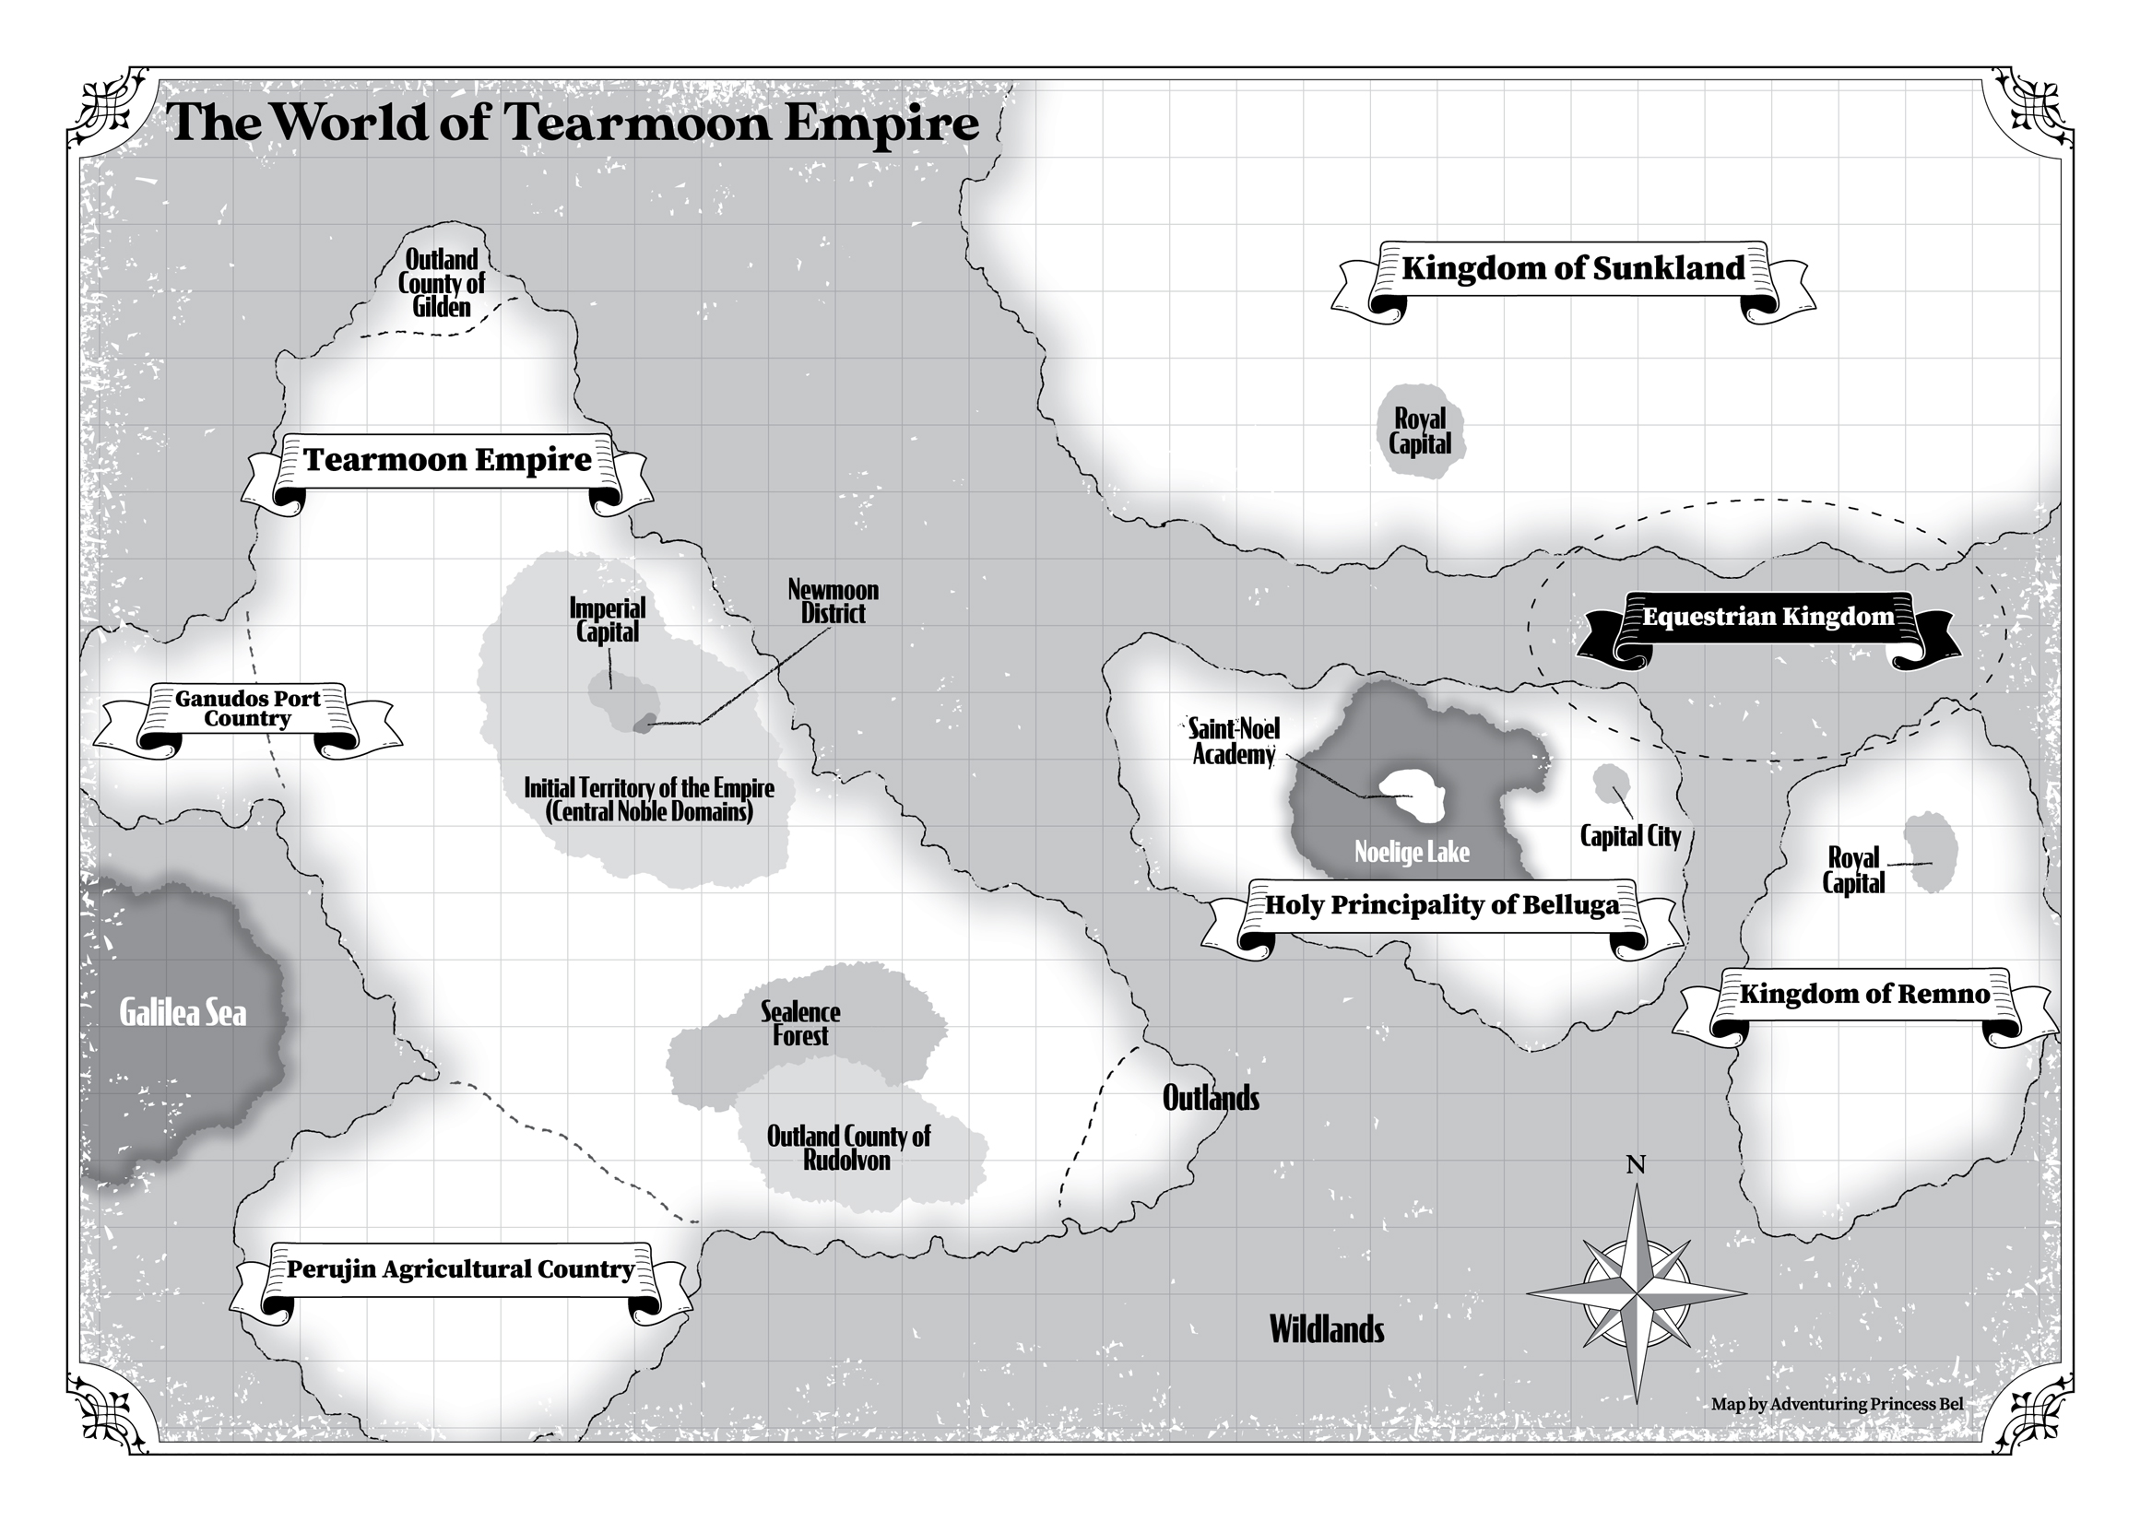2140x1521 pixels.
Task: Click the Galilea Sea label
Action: click(x=183, y=1013)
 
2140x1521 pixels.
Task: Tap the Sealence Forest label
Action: click(x=799, y=1023)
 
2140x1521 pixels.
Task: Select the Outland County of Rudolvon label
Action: click(x=847, y=1149)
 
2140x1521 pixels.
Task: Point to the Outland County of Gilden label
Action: click(x=441, y=283)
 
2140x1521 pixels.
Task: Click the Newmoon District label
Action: click(x=833, y=602)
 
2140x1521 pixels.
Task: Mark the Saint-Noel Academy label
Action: click(x=1234, y=742)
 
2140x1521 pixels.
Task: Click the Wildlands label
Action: click(x=1326, y=1330)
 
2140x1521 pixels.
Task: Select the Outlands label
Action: click(x=1210, y=1099)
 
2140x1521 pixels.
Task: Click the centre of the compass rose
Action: click(x=1637, y=1294)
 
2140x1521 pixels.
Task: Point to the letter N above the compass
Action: click(x=1636, y=1165)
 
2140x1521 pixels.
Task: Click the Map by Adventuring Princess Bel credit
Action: click(x=1837, y=1404)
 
